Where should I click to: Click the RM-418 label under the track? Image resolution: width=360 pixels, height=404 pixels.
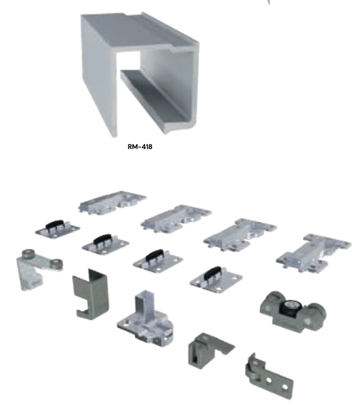(140, 146)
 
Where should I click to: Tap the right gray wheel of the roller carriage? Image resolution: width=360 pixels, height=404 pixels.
(315, 316)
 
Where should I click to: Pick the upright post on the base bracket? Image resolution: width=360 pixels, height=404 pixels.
(144, 306)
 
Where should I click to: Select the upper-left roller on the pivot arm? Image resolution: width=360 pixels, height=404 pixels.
(28, 254)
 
